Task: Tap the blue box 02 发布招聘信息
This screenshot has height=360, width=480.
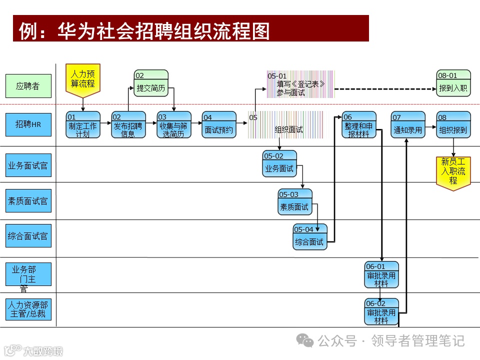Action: point(128,124)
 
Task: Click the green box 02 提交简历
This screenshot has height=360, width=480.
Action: point(151,83)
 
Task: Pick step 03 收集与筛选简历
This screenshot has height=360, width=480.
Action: point(174,124)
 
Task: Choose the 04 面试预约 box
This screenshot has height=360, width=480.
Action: point(218,124)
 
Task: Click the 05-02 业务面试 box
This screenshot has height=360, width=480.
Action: point(279,163)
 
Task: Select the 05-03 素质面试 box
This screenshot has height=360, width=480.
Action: point(294,202)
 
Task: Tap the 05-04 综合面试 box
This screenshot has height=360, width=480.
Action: point(309,237)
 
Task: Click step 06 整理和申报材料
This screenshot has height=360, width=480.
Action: point(359,124)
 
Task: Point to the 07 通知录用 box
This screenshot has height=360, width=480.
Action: point(407,124)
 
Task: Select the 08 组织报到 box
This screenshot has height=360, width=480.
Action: point(453,124)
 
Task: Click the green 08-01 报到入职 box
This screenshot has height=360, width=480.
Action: point(453,83)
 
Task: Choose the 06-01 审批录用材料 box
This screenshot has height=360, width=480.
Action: point(381,274)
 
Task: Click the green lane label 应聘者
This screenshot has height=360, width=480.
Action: point(28,86)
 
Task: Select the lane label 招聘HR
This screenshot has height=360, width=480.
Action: point(28,124)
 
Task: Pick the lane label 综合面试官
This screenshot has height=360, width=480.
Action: point(28,236)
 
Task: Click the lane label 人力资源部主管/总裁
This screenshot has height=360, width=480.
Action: point(28,309)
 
